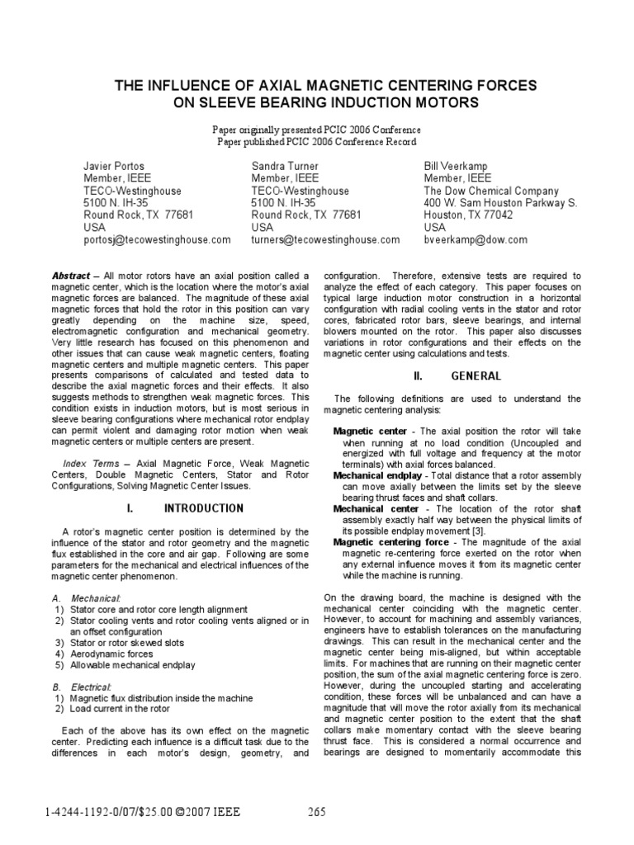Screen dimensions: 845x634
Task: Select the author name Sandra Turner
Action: point(285,166)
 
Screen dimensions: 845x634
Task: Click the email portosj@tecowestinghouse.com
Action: point(157,239)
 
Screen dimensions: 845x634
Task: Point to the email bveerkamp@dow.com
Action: point(475,239)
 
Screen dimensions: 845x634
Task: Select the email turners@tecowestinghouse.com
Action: point(325,239)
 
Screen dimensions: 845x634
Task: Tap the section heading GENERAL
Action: point(475,375)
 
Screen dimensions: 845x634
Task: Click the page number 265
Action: point(317,811)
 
